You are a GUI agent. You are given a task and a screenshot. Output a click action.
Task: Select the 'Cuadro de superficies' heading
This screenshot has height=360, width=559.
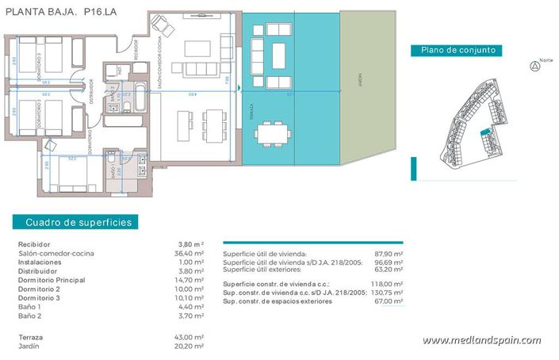coord(78,223)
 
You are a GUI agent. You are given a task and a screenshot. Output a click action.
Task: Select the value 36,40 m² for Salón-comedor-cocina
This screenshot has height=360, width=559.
coord(191,253)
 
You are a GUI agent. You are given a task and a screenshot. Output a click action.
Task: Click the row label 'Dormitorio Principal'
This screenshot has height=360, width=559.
coord(51,280)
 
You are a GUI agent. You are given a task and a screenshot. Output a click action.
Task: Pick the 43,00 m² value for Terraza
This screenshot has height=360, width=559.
coord(191,338)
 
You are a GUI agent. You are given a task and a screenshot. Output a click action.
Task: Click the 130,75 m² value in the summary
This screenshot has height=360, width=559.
coord(388,293)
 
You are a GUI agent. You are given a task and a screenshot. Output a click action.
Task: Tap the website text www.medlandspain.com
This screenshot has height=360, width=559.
coord(481,340)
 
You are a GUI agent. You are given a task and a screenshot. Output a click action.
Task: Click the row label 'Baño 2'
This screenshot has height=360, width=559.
coord(30,316)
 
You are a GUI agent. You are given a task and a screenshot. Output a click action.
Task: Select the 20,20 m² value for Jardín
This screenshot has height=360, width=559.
coord(191,347)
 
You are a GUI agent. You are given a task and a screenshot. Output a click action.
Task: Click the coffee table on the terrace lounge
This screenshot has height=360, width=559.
coord(279,55)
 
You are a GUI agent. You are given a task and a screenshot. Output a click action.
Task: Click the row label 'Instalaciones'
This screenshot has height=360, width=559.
coord(40,262)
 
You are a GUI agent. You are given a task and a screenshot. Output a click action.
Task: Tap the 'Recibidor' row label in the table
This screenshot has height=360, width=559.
coord(34,244)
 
